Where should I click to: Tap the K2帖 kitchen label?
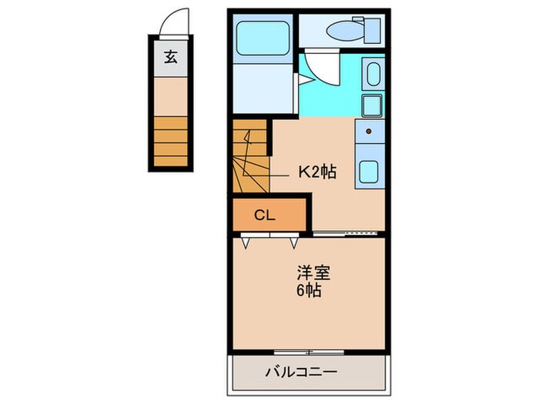click(316, 172)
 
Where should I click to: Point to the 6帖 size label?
click(309, 291)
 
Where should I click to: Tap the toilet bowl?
click(343, 30)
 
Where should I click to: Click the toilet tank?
click(372, 30)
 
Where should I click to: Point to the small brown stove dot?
click(369, 132)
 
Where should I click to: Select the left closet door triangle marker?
click(247, 243)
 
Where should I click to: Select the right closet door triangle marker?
click(294, 243)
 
